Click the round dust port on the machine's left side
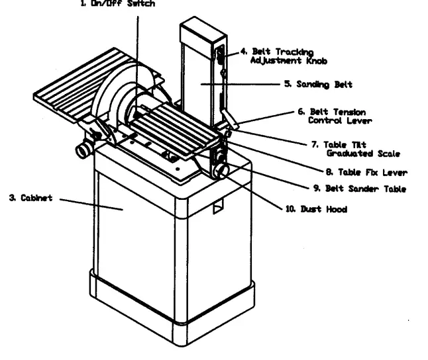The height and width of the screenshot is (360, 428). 83,151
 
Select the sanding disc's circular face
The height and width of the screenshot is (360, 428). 113,106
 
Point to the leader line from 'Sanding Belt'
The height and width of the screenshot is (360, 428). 242,85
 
